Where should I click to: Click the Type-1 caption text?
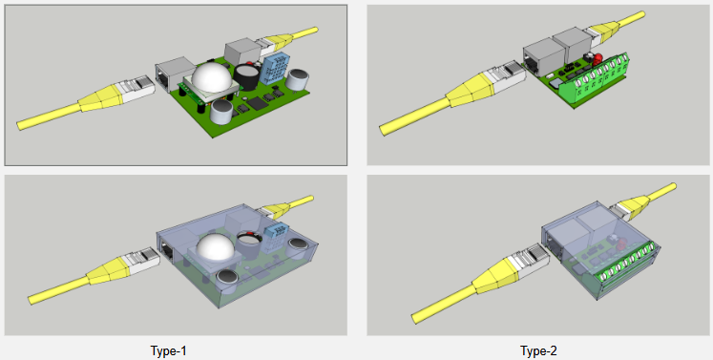click(168, 350)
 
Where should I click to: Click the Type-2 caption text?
click(538, 350)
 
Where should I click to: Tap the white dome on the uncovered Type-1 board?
click(212, 76)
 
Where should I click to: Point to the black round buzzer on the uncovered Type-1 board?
click(247, 76)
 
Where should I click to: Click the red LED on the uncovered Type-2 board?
click(598, 58)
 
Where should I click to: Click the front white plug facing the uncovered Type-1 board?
click(136, 88)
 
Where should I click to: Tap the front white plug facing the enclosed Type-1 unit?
click(142, 259)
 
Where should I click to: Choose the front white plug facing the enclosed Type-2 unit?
click(532, 260)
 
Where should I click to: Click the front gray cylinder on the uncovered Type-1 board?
click(221, 113)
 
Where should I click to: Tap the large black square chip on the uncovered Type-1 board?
click(258, 103)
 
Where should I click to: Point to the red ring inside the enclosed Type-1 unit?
click(248, 235)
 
